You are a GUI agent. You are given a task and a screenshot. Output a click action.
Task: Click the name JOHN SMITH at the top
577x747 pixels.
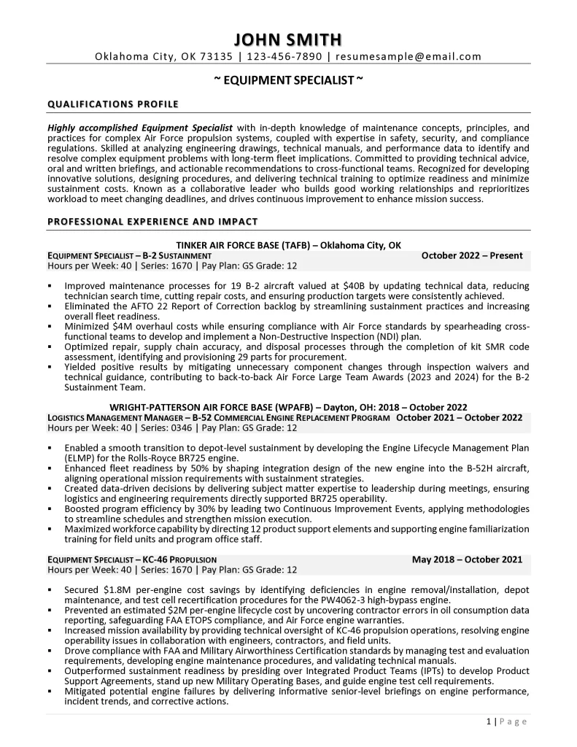tap(288, 39)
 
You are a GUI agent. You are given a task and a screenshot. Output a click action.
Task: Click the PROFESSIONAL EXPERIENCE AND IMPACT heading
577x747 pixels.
tap(152, 221)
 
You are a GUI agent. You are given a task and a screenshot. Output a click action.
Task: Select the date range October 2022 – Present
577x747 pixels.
tap(472, 255)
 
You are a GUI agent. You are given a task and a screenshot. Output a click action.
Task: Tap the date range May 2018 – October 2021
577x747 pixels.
tap(467, 560)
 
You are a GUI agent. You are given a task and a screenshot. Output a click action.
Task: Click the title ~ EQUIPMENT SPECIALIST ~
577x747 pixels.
tap(288, 81)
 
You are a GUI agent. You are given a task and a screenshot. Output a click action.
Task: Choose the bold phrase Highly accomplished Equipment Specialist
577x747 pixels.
tap(140, 128)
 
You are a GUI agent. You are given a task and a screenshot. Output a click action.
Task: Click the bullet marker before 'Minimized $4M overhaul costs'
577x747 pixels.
tap(50, 327)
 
